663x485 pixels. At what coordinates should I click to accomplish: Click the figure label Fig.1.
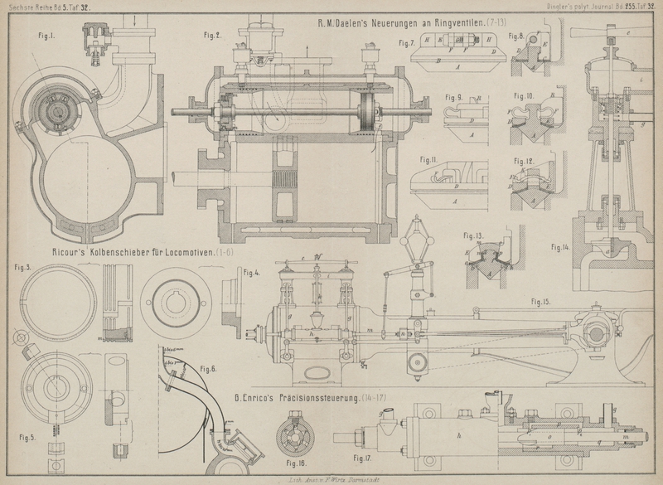click(46, 36)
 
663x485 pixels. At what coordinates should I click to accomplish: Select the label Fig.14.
click(561, 247)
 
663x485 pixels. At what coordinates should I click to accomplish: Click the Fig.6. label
click(207, 368)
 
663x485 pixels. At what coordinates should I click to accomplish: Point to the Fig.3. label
click(23, 268)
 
